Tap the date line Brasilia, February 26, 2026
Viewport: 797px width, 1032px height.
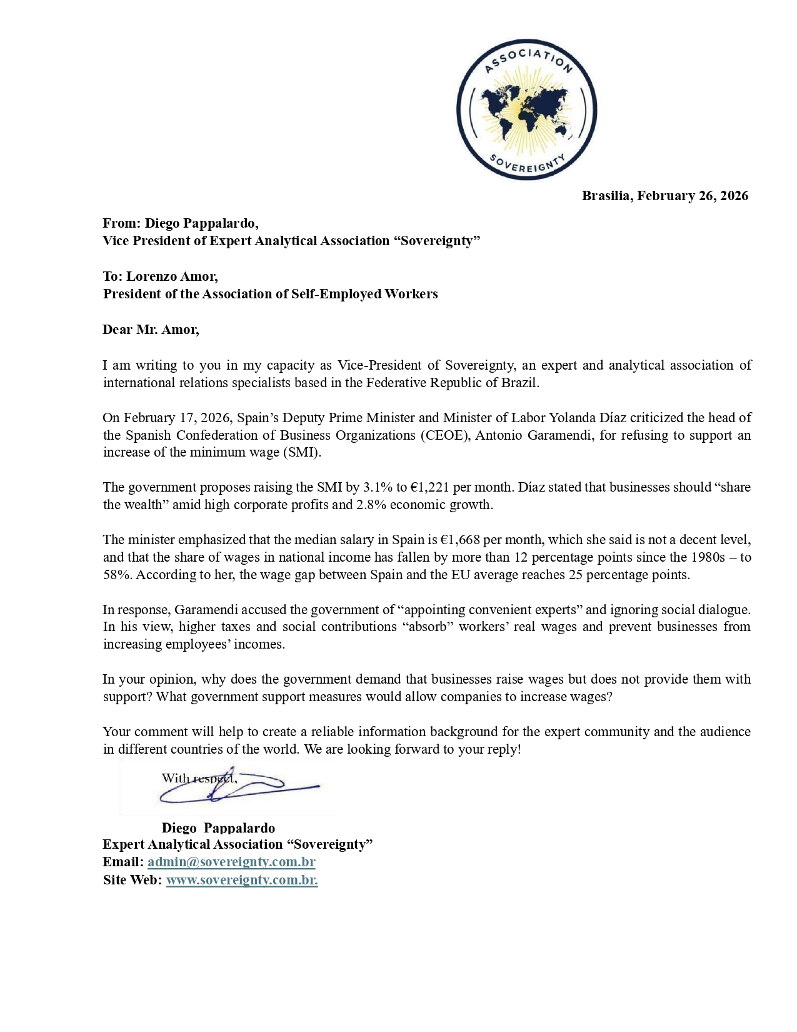[664, 196]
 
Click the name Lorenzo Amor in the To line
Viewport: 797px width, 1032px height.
[172, 276]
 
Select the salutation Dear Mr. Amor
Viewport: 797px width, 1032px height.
[151, 330]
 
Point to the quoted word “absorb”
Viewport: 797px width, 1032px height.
[428, 627]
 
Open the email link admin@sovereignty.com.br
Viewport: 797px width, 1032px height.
[231, 862]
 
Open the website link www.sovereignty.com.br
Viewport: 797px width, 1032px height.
[241, 880]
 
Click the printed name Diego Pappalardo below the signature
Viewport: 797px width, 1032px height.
[218, 828]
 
